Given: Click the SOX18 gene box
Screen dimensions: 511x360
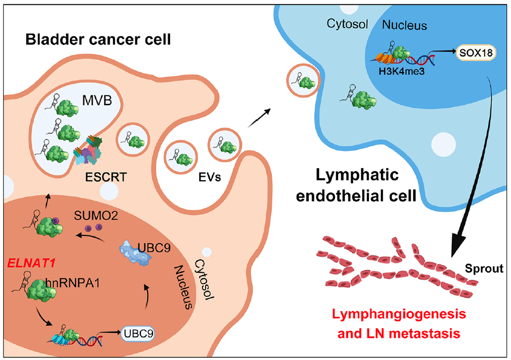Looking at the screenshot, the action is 476,53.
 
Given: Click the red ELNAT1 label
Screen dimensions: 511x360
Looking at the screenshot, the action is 31,263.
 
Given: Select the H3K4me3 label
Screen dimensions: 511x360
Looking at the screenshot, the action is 401,71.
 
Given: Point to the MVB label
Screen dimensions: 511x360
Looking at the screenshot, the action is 97,101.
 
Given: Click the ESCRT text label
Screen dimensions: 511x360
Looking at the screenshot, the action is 106,177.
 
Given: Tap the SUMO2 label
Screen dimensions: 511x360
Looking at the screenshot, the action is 96,215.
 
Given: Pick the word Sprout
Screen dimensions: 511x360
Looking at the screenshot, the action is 484,268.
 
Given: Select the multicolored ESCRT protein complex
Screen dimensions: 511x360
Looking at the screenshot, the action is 88,150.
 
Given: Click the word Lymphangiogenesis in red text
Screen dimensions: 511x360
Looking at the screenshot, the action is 399,314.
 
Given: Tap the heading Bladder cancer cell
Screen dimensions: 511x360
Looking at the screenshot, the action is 98,40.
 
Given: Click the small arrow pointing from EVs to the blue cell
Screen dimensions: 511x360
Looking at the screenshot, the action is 259,117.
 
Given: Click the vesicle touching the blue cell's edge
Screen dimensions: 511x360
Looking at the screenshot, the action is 303,80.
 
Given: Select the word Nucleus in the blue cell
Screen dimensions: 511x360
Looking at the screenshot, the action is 404,25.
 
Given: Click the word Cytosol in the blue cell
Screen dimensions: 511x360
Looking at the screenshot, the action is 347,24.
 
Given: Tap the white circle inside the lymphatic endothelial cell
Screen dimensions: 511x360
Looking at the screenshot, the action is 443,144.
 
